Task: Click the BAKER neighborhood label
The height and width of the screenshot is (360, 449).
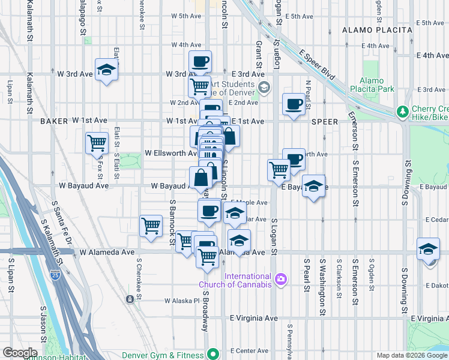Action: (53, 121)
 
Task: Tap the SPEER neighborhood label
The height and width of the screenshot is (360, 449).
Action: (324, 121)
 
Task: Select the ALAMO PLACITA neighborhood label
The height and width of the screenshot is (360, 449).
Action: (377, 30)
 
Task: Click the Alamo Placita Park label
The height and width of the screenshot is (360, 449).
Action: (376, 85)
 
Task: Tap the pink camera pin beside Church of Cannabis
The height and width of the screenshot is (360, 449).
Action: (280, 279)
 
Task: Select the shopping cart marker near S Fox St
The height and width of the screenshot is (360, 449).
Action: (97, 143)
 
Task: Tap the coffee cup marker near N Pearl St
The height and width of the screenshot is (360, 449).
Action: (294, 104)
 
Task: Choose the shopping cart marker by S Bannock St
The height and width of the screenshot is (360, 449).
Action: (151, 226)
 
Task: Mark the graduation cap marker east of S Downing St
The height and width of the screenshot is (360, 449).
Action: (428, 249)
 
